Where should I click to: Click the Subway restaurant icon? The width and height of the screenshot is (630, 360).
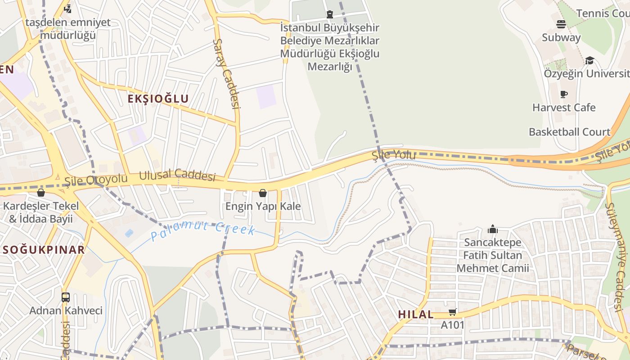[561, 24]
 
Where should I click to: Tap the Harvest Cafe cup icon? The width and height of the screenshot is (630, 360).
[563, 94]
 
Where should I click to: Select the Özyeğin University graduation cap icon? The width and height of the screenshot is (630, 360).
[589, 61]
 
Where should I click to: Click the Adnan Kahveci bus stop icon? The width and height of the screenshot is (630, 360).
[66, 297]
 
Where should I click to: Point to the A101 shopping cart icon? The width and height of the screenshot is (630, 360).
[452, 312]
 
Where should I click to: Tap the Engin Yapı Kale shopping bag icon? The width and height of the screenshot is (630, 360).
[263, 193]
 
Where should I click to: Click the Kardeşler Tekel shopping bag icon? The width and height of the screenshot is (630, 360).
[41, 193]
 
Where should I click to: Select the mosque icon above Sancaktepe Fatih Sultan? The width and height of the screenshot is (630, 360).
[493, 229]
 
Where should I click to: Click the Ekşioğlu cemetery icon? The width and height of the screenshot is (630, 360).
[330, 14]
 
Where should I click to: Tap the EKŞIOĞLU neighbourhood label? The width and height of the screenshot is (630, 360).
[158, 99]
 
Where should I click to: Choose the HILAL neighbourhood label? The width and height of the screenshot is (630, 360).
[416, 315]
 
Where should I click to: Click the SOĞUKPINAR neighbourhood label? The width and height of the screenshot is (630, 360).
[43, 250]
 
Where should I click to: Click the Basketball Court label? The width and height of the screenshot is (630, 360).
[569, 132]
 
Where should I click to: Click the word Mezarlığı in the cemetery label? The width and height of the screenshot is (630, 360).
[329, 67]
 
